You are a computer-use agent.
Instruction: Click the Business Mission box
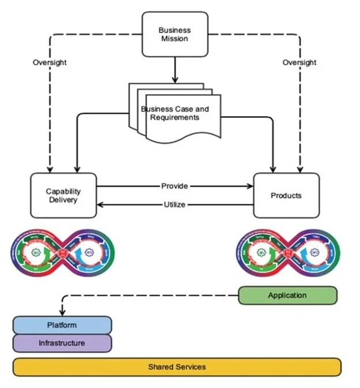coord(175,35)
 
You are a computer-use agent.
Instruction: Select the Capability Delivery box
coord(63,195)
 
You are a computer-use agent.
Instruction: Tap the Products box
coord(286,195)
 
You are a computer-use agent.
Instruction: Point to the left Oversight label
coord(50,62)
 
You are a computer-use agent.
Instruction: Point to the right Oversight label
coord(299,62)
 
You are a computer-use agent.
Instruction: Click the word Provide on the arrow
coord(175,186)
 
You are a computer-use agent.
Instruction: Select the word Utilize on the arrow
coord(175,204)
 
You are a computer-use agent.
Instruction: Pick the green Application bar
coord(287,296)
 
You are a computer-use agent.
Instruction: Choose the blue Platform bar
coord(62,325)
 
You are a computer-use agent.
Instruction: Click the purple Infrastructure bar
coord(62,343)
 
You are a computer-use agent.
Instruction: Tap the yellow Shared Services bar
coord(177,367)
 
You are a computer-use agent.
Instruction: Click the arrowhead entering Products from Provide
coord(250,186)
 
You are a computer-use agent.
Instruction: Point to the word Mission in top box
coord(175,39)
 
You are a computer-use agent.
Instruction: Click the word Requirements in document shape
coord(175,117)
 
